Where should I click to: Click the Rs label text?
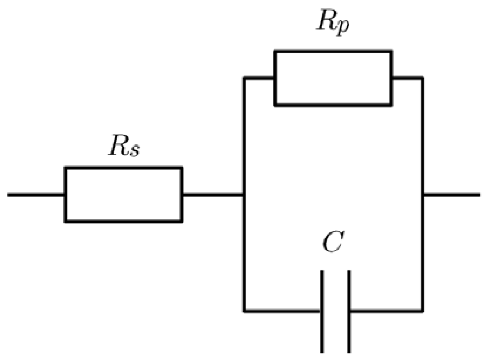[x=124, y=146]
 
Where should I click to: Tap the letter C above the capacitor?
[x=332, y=242]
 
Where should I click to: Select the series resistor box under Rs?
[x=123, y=195]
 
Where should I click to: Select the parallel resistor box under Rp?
[x=333, y=78]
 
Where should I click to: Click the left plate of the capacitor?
[x=322, y=311]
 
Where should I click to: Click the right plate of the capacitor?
[x=349, y=311]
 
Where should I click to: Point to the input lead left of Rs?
[x=35, y=195]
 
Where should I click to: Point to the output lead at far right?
[x=452, y=195]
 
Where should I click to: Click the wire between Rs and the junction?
[x=213, y=195]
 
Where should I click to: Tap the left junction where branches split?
[x=244, y=195]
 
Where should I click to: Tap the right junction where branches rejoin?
[x=423, y=195]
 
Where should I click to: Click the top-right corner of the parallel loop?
[x=422, y=78]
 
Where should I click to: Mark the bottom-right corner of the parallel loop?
[x=422, y=310]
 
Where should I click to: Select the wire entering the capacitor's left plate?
[x=282, y=310]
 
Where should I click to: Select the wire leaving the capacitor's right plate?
[x=386, y=310]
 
